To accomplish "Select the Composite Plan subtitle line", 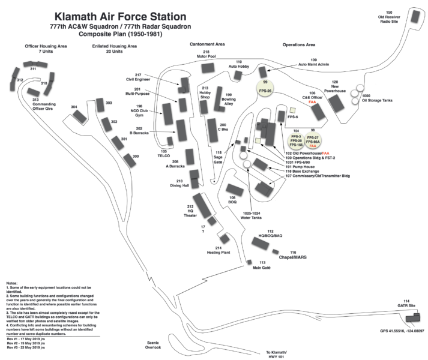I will click(121, 35).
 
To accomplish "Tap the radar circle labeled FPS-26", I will click(265, 88).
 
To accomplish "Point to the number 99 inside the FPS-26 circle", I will click(265, 82).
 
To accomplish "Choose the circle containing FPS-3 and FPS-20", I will click(296, 140).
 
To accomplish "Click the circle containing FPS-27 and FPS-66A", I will click(313, 140).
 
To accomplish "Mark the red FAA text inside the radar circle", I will click(313, 146).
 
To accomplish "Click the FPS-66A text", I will click(313, 142).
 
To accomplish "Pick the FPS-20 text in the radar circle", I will click(296, 141).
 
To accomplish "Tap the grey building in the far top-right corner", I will click(415, 16).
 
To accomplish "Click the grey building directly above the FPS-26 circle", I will click(262, 71).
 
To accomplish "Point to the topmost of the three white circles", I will click(360, 88).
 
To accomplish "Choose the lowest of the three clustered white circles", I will click(355, 101).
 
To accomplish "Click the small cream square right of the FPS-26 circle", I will click(292, 110).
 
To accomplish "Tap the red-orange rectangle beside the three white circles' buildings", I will click(312, 103).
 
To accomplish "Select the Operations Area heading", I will click(298, 45).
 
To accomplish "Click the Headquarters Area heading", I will click(207, 44).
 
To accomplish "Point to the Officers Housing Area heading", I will click(46, 46).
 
